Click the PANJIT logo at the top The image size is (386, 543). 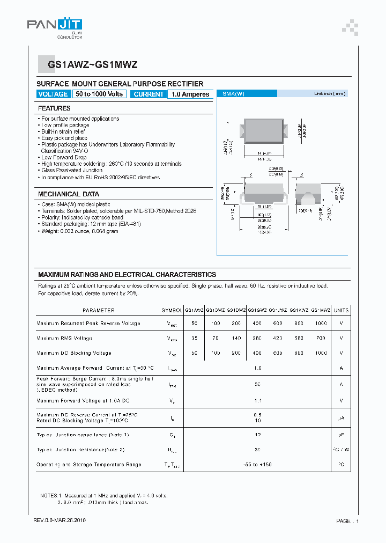(x=54, y=25)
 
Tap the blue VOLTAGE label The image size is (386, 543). (x=53, y=94)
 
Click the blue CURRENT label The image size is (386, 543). (x=149, y=94)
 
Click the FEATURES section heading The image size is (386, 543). (x=54, y=108)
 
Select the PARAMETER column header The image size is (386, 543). (x=99, y=310)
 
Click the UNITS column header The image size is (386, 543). (x=341, y=310)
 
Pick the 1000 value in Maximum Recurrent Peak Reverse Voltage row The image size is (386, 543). (x=321, y=324)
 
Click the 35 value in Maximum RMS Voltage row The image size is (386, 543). (x=194, y=339)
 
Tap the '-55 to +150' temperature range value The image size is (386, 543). (x=258, y=465)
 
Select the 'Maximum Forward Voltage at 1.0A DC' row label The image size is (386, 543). (x=83, y=401)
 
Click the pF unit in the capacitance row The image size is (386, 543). (x=341, y=435)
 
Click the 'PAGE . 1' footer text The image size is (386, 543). (x=347, y=521)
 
